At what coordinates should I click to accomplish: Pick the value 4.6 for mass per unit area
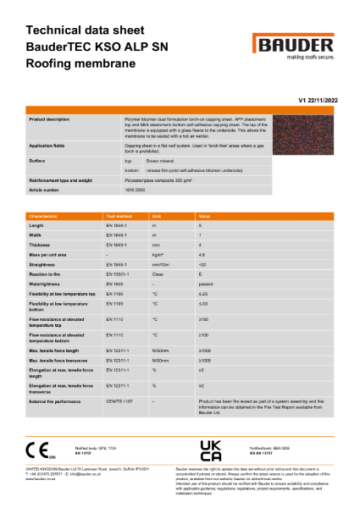[x=202, y=254]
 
